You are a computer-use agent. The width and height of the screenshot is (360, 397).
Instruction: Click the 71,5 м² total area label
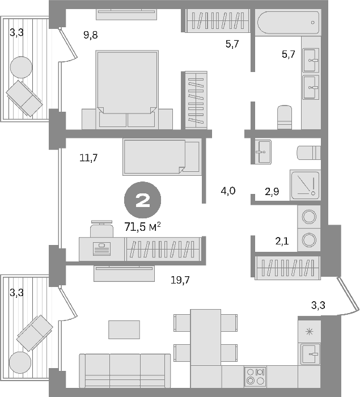pyautogui.click(x=142, y=227)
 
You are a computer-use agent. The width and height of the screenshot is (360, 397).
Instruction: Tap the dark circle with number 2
pyautogui.click(x=142, y=200)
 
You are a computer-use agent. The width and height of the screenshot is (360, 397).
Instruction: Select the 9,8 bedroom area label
pyautogui.click(x=90, y=35)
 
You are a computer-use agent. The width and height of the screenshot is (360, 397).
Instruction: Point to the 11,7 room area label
pyautogui.click(x=88, y=158)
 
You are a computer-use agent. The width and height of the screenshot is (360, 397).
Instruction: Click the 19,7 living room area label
pyautogui.click(x=180, y=280)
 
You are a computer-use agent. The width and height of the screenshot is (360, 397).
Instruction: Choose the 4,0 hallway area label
pyautogui.click(x=228, y=191)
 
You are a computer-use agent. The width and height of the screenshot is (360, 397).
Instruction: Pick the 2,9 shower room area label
pyautogui.click(x=272, y=192)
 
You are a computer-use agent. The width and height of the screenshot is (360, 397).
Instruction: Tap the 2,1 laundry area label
pyautogui.click(x=282, y=241)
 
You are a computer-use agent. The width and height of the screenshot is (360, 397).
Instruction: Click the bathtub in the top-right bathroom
pyautogui.click(x=288, y=22)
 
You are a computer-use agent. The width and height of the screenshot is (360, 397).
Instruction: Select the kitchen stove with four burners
pyautogui.click(x=255, y=376)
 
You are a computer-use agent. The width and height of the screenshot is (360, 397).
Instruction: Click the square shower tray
pyautogui.click(x=306, y=185)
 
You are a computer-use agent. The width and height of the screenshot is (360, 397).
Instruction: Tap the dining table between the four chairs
pyautogui.click(x=206, y=337)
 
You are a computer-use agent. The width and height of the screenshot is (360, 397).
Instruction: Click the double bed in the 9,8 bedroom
pyautogui.click(x=127, y=90)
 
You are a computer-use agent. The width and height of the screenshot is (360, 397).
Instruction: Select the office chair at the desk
pyautogui.click(x=102, y=229)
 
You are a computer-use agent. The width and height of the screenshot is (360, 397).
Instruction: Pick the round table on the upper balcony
pyautogui.click(x=22, y=67)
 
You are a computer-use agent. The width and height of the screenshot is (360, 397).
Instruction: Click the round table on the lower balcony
pyautogui.click(x=20, y=362)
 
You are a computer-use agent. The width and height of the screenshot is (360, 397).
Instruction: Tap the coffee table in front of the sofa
pyautogui.click(x=124, y=330)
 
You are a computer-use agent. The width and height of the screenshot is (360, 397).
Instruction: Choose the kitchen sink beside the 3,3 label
pyautogui.click(x=310, y=354)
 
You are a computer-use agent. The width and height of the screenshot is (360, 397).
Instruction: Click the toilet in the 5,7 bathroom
pyautogui.click(x=285, y=117)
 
